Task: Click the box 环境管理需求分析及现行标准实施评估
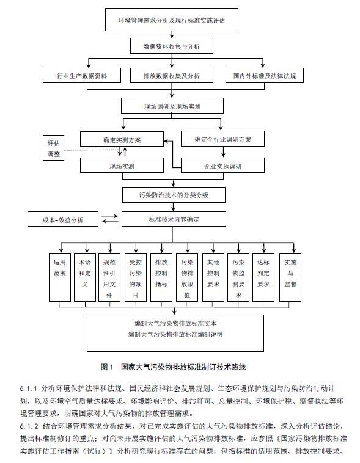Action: tap(172, 20)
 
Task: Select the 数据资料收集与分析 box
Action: tap(172, 46)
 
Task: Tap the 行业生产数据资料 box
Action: tap(82, 76)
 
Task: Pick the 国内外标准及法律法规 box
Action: tap(265, 76)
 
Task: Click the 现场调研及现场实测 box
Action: tap(172, 106)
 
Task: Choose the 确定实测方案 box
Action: tap(122, 139)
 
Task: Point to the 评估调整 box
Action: tap(54, 148)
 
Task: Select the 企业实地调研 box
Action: tap(222, 166)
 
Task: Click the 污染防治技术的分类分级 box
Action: tap(174, 195)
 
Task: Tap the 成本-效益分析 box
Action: tap(63, 219)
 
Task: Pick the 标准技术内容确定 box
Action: tap(174, 219)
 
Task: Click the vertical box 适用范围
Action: tap(60, 277)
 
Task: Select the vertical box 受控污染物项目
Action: tap(136, 277)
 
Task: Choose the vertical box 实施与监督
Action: tap(290, 277)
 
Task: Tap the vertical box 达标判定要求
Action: tap(263, 277)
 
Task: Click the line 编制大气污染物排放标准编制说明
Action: tap(175, 335)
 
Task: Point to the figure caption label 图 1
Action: tap(107, 367)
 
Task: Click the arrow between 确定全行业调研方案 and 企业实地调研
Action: tap(223, 151)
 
